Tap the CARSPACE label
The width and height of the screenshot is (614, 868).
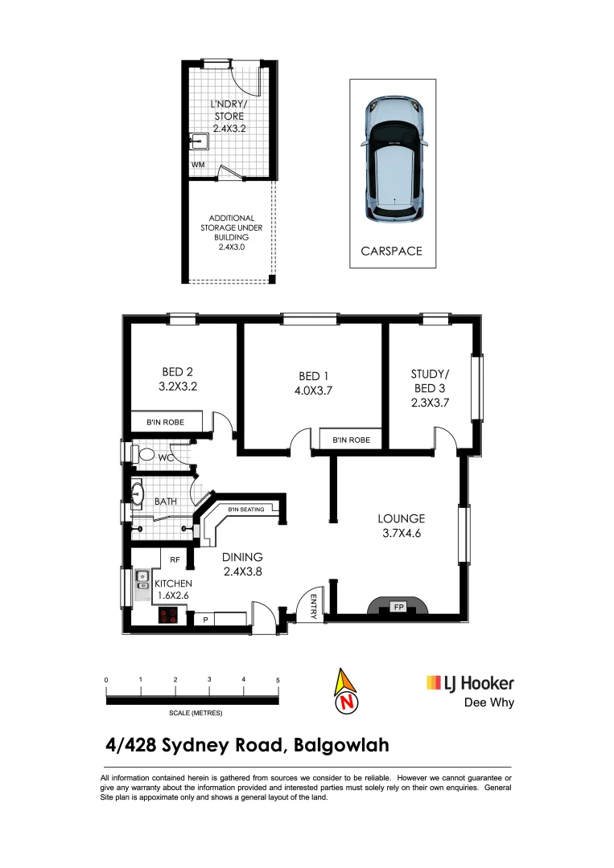[392, 251]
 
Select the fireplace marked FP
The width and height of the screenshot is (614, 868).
[398, 607]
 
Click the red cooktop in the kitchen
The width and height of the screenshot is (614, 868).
[169, 616]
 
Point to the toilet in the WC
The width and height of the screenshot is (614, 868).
[146, 454]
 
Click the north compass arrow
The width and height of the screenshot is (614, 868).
[347, 690]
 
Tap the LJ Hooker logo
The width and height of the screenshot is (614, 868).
[469, 683]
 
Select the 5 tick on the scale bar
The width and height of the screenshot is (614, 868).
[278, 681]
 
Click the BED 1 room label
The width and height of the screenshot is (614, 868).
[313, 376]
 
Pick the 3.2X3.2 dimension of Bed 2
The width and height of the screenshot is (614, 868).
[178, 386]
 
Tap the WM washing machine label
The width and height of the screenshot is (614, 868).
[197, 165]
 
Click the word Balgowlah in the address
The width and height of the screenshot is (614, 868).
[341, 745]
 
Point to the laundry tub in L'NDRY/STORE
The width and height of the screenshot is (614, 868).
[198, 142]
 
